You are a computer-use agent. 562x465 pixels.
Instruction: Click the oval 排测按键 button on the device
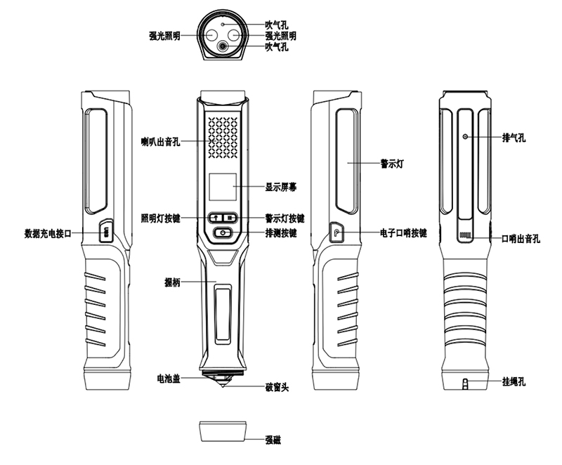tap(224, 232)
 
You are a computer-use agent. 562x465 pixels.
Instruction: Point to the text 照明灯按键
tap(161, 218)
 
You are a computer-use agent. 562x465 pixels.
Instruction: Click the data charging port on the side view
tap(105, 232)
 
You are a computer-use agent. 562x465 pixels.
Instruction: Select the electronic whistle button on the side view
tap(336, 232)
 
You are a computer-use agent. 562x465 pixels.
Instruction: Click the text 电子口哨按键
tap(403, 233)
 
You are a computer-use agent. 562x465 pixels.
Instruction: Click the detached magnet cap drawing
tap(223, 430)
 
